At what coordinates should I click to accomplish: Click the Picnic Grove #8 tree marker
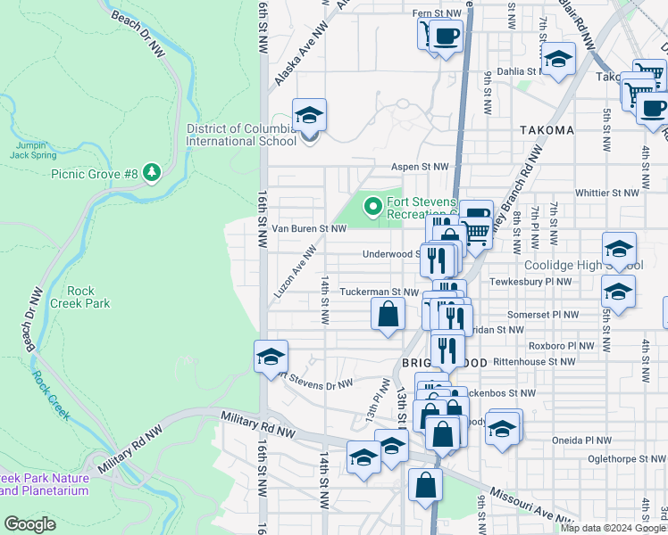(x=152, y=171)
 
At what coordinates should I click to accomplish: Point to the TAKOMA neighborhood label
(x=547, y=130)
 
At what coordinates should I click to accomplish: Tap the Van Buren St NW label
(x=308, y=229)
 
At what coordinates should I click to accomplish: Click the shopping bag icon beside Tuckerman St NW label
(x=388, y=315)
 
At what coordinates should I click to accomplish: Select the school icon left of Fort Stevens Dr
(x=271, y=358)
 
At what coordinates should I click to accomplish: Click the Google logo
(x=29, y=524)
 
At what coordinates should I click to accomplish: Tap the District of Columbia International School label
(x=241, y=135)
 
